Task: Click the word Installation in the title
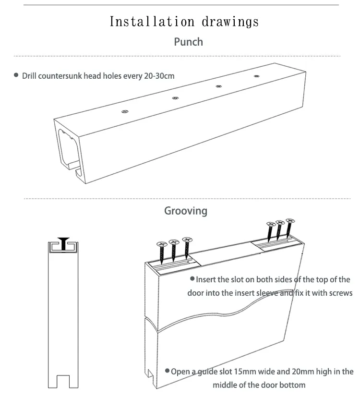152,22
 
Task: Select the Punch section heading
188,42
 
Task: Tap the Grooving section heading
186,211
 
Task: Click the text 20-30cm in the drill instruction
159,76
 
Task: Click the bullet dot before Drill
16,75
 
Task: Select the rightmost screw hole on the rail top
255,76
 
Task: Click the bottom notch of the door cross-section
62,382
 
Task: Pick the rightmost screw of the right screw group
289,228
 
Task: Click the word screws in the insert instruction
341,293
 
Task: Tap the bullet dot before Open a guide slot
167,371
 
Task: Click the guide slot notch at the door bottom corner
151,373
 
